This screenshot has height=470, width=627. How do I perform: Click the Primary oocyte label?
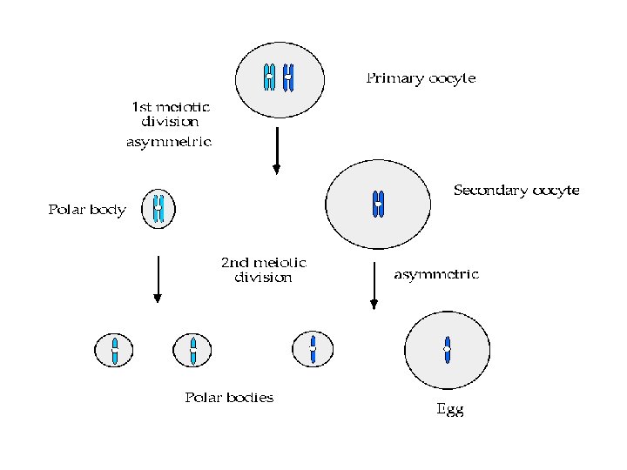point(420,78)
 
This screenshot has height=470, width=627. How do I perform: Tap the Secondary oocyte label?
point(516,190)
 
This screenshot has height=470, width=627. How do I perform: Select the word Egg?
point(449,410)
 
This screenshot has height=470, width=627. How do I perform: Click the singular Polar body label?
point(86,210)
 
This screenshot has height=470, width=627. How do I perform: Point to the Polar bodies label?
point(229,398)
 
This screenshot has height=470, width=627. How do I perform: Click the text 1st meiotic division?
point(170,114)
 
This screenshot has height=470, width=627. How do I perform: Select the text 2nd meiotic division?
point(263,270)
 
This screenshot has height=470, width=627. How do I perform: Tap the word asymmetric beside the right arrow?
point(436,274)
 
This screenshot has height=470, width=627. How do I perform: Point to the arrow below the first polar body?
point(157,279)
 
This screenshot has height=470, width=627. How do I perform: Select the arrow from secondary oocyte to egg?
point(374,285)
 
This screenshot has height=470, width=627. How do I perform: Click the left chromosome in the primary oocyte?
point(270,78)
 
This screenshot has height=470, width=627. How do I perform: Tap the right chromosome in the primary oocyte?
point(288,78)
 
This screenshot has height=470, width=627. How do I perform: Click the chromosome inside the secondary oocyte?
point(378,204)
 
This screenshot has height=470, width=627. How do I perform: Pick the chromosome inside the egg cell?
point(447,349)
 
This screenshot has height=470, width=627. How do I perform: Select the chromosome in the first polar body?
point(158,209)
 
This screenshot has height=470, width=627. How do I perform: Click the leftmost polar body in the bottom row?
point(114,350)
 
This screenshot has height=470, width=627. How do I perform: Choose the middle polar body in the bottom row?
point(193,350)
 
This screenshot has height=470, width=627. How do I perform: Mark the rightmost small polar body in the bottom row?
point(312,348)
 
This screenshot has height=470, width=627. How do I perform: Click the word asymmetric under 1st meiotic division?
point(169,142)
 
